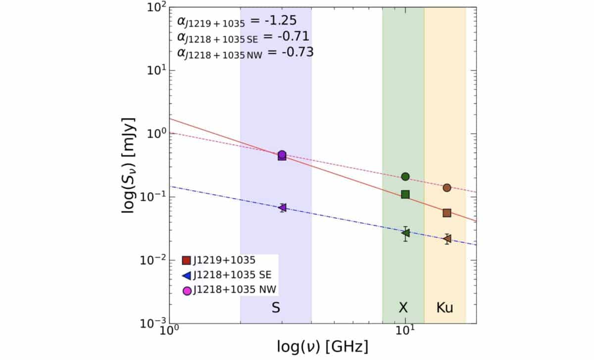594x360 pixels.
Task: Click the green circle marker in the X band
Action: [x=405, y=176]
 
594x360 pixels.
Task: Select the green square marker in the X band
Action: [x=405, y=194]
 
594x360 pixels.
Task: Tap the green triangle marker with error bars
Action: [x=405, y=233]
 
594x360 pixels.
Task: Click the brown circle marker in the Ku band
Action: [x=446, y=188]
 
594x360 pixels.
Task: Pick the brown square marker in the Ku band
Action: [x=446, y=213]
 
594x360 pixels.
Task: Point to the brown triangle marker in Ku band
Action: [x=447, y=239]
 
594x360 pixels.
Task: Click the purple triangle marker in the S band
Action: [x=282, y=207]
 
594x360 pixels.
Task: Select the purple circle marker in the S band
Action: [x=282, y=154]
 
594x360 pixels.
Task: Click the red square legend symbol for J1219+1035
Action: [x=187, y=260]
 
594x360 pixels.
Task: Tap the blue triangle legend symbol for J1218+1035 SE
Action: [x=187, y=275]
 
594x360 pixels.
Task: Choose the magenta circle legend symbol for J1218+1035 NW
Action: [x=187, y=291]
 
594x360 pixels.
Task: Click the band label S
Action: [x=276, y=308]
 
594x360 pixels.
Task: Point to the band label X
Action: [x=403, y=308]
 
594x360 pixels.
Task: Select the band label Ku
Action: [x=445, y=308]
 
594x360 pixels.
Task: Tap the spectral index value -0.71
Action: [x=294, y=37]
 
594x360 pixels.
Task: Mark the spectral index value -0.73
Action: [x=297, y=52]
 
